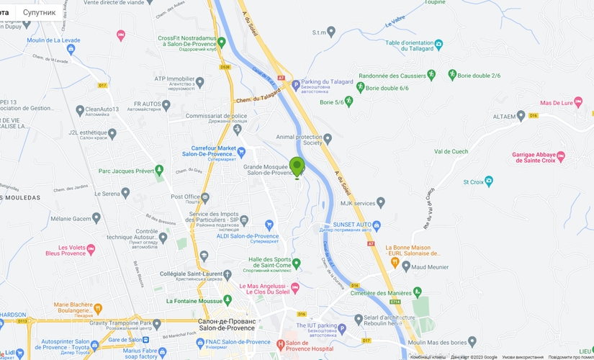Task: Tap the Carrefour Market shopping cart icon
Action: click(242, 151)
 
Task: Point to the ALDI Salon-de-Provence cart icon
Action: click(269, 225)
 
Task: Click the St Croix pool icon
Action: click(489, 181)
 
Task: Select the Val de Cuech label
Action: click(451, 151)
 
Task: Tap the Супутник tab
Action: click(39, 12)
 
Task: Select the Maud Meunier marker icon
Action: click(406, 266)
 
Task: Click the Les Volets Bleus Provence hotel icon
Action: click(91, 248)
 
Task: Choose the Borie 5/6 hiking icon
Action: click(349, 102)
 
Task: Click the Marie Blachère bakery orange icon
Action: click(98, 307)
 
